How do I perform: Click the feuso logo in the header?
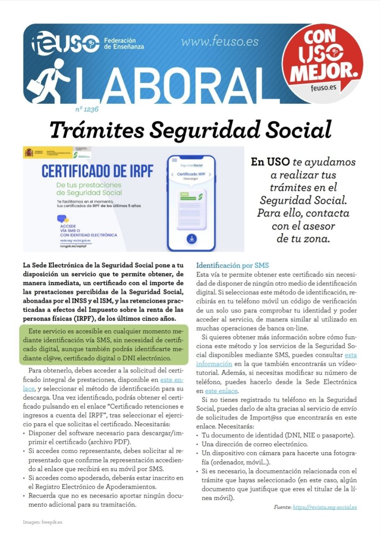(65, 43)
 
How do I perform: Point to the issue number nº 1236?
(87, 109)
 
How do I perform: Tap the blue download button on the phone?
(191, 239)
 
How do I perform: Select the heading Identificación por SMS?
(232, 265)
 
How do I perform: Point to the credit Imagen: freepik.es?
(43, 522)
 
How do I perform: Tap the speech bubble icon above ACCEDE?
(62, 219)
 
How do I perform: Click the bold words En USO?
(269, 162)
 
